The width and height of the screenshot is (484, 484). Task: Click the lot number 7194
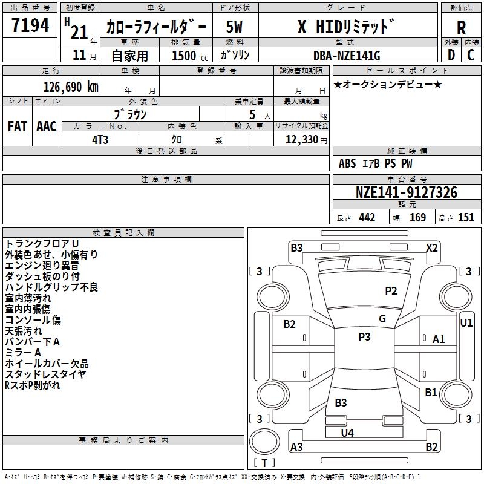30,25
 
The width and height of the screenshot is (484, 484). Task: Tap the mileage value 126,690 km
71,87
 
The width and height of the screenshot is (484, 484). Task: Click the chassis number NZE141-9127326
407,193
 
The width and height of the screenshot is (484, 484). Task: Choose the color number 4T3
100,139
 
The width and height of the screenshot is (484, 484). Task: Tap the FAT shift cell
17,126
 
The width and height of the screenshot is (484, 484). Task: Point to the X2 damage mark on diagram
431,247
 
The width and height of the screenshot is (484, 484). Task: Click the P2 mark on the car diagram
391,291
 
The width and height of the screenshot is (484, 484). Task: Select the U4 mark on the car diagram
347,433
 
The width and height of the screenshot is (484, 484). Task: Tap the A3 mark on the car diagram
296,447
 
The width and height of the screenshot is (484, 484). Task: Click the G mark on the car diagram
382,319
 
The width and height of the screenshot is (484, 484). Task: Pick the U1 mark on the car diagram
466,323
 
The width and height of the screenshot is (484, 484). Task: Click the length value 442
367,218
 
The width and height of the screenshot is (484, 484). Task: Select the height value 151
466,218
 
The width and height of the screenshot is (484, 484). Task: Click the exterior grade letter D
451,56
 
